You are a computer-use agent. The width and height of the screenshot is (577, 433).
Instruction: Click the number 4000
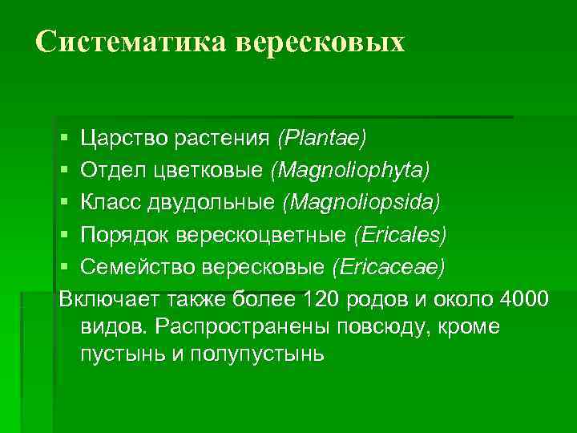click(x=523, y=299)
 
